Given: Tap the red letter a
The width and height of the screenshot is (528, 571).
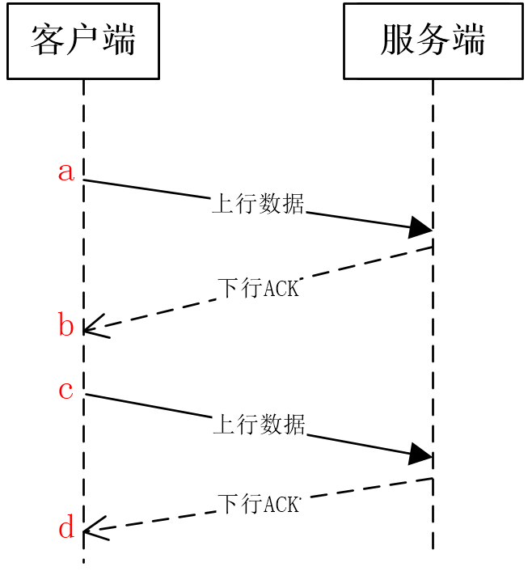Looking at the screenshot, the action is (x=66, y=172).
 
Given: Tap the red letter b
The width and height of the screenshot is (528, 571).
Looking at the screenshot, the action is (x=66, y=324).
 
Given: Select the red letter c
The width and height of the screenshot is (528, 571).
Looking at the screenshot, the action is (x=66, y=391).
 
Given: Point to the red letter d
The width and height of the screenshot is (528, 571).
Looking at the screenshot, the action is (x=66, y=526).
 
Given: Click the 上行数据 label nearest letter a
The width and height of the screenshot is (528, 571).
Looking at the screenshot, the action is (x=258, y=203).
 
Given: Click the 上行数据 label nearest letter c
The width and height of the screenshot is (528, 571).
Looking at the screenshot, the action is (x=259, y=424).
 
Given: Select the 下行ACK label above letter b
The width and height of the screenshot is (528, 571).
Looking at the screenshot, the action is (x=259, y=288).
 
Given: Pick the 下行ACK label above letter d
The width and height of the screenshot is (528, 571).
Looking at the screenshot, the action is (x=259, y=504).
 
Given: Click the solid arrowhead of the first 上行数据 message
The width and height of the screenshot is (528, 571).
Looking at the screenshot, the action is (x=420, y=227).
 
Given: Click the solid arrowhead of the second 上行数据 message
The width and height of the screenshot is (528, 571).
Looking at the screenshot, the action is (x=420, y=454).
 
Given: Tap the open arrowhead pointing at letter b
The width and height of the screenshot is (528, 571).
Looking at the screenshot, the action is (x=95, y=327).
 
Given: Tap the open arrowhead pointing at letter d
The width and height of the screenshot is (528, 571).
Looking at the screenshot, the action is (x=95, y=529).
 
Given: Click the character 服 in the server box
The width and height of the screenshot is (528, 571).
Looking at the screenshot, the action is (x=397, y=40).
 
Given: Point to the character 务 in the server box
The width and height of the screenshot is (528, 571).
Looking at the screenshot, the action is (x=433, y=40).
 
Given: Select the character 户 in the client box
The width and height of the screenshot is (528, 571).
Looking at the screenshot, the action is (x=82, y=40).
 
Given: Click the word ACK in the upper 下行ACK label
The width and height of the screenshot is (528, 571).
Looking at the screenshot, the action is (x=281, y=289).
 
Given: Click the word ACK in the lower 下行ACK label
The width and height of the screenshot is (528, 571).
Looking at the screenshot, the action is (x=281, y=505).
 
